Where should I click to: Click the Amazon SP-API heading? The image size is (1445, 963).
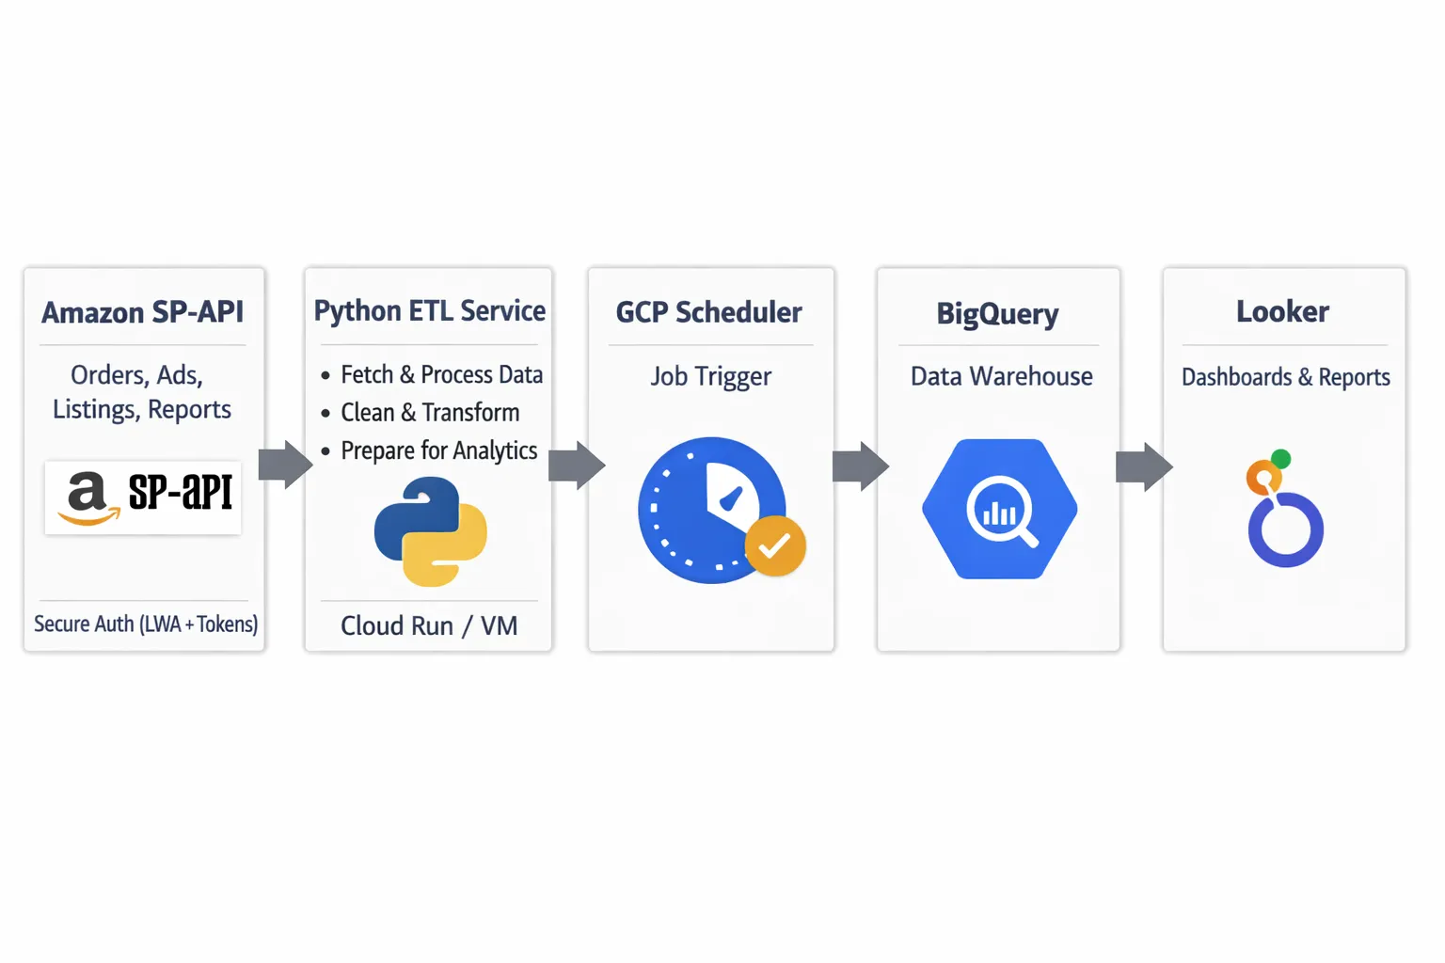[143, 312]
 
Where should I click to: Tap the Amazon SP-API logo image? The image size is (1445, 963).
[143, 497]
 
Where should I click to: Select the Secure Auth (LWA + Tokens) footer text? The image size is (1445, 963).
[146, 624]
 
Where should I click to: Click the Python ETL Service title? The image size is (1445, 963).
[429, 311]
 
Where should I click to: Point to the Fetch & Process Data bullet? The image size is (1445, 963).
[441, 374]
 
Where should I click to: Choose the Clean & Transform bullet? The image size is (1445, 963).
[430, 413]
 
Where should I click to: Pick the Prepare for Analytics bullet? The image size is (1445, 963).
[438, 450]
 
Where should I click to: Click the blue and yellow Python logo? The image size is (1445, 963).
[431, 531]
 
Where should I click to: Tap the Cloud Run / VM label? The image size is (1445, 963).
[429, 626]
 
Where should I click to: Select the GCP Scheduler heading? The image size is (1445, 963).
[709, 312]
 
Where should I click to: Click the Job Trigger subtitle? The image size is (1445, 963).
[711, 377]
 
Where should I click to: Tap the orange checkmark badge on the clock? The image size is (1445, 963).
[775, 545]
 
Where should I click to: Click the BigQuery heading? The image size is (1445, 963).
[997, 314]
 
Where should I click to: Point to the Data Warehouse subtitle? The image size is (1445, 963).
[1001, 377]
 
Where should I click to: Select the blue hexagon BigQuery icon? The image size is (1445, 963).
[1000, 509]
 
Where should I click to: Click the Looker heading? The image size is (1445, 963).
[1282, 312]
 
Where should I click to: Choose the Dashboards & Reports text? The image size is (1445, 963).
[1285, 377]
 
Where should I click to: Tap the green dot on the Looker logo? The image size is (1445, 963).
[1280, 459]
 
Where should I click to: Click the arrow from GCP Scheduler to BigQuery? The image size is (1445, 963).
[860, 466]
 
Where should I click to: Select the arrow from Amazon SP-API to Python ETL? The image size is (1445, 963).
[285, 464]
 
